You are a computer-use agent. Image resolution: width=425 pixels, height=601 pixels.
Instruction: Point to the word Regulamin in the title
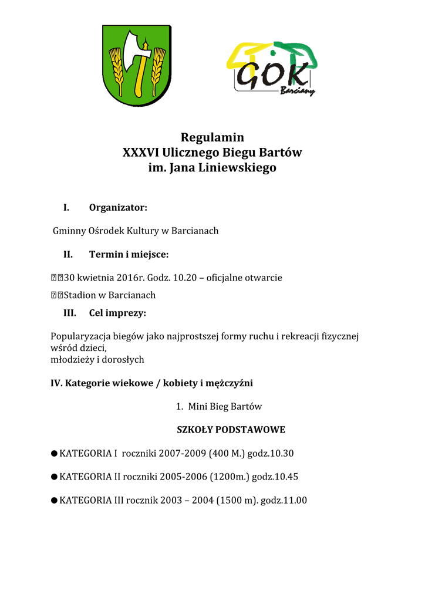212,137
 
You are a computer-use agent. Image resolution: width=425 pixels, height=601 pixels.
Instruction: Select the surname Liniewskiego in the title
239,168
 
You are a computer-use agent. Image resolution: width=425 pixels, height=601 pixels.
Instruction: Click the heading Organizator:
118,207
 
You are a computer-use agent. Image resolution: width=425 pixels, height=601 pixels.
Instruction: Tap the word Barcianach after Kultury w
195,231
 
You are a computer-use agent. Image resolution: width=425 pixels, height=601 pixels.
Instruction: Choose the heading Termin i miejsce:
129,254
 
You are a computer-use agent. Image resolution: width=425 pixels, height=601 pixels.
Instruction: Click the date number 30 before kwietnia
69,278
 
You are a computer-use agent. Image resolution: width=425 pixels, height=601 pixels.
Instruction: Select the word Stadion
81,295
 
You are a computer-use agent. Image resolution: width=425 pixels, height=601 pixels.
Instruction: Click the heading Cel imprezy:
117,312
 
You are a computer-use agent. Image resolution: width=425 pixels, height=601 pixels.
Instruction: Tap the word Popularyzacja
79,336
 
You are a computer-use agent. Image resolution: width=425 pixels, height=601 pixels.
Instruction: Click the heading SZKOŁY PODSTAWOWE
231,430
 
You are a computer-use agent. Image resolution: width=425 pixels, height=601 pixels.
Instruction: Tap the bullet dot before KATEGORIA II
54,477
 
